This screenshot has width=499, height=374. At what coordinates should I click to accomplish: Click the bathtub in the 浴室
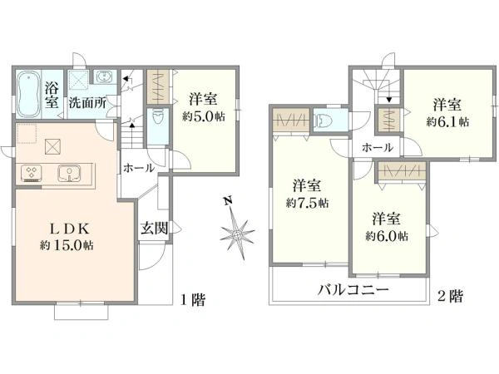(28, 94)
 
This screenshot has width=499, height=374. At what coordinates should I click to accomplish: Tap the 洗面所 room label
(87, 103)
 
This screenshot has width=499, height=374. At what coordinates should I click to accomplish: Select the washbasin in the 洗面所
(103, 77)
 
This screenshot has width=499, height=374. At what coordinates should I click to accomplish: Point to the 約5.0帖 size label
(204, 116)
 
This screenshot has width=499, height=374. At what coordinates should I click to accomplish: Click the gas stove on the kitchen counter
(32, 174)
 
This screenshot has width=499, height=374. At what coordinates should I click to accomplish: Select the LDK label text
(71, 229)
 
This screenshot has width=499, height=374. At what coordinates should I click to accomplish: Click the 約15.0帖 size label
(67, 245)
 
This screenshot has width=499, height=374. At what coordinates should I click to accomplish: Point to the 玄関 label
(155, 228)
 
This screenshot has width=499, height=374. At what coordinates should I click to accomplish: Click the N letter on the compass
(227, 200)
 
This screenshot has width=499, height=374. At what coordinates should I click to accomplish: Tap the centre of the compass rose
(237, 235)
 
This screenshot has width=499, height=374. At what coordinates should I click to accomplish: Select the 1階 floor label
(193, 299)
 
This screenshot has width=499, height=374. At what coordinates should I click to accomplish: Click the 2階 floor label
(450, 297)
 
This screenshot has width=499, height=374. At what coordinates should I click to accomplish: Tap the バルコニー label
(353, 290)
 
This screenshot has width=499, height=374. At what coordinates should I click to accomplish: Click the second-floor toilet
(323, 121)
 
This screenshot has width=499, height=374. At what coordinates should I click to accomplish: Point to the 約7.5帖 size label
(308, 203)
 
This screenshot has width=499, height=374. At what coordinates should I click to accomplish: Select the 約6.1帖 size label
(447, 121)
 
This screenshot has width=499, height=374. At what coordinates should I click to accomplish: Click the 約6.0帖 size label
(387, 236)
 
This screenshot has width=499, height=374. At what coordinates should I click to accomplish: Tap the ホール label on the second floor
(378, 148)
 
